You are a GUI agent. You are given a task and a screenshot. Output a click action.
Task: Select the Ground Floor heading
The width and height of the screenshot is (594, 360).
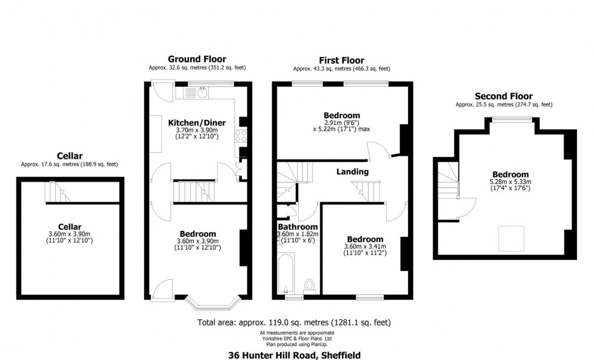tap(196, 59)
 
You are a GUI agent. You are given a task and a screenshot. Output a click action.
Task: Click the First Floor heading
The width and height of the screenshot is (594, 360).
tap(341, 60)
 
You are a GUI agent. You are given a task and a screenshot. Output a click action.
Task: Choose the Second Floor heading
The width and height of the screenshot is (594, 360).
tap(504, 96)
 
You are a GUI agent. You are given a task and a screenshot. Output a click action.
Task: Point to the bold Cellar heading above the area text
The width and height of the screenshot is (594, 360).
tap(69, 155)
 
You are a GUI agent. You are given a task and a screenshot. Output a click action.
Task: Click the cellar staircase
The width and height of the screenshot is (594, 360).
tap(55, 193)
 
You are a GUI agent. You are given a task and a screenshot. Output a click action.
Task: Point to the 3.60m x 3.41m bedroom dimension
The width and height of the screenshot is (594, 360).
tap(365, 246)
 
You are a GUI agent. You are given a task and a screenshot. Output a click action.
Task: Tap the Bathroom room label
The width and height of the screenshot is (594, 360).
tap(297, 227)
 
